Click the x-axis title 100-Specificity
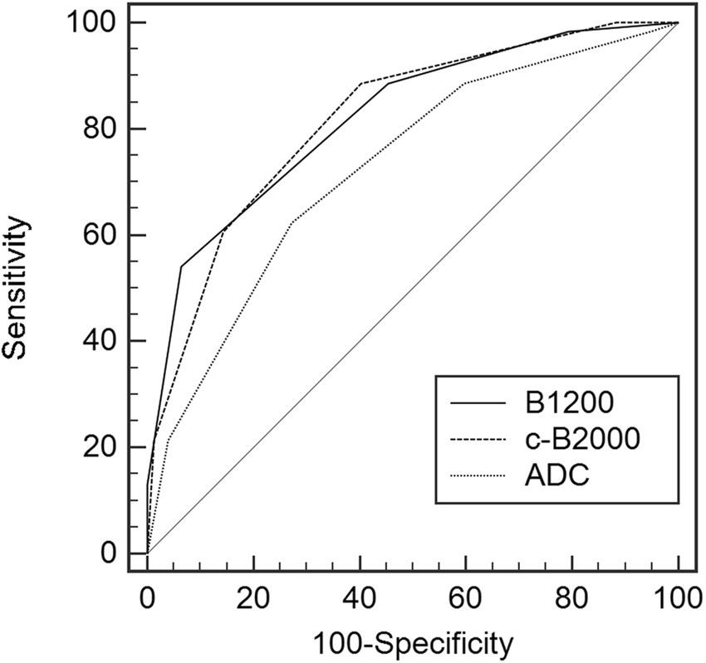412,641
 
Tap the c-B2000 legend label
583,441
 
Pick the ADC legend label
552,478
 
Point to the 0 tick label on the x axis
147,598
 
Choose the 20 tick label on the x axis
253,598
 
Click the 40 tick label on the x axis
360,598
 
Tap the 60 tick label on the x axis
466,598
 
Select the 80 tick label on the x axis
572,598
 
